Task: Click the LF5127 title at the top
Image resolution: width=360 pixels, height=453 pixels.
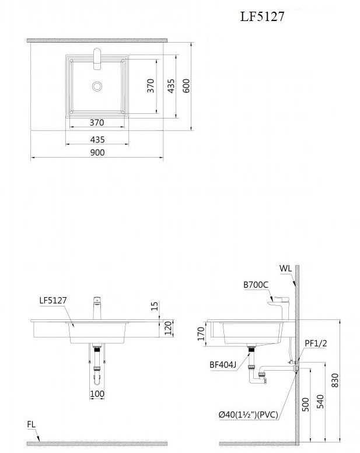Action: (262, 16)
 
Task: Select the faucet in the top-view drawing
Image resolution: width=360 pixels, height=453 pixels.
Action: (97, 59)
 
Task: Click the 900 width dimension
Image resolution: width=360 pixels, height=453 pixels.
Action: (97, 152)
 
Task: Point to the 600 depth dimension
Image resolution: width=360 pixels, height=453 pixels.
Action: (186, 85)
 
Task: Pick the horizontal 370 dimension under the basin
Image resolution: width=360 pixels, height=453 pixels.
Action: (97, 123)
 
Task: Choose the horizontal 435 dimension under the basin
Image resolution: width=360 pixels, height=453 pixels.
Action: (97, 140)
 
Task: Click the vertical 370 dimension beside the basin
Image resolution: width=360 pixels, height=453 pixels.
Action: (151, 85)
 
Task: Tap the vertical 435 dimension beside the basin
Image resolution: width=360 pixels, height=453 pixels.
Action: (171, 86)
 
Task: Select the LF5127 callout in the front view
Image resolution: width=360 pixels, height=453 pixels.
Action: (53, 301)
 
